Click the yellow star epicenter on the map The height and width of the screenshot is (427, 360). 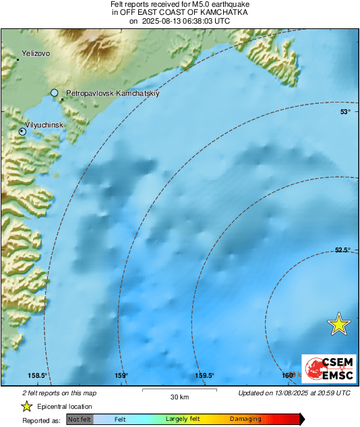[x=339, y=324]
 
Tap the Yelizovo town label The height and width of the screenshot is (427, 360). [x=36, y=53]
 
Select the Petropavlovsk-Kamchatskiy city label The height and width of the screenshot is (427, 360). [x=112, y=93]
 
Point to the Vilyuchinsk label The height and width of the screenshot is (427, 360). [x=44, y=125]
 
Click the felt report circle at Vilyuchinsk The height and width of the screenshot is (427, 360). [x=22, y=132]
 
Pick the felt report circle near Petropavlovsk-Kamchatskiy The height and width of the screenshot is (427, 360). [x=55, y=92]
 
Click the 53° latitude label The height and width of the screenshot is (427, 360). [x=345, y=112]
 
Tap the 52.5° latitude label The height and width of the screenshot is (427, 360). [x=342, y=250]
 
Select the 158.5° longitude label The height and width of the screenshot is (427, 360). [x=36, y=376]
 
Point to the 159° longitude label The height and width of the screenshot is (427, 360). [x=121, y=376]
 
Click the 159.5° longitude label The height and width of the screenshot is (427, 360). [x=204, y=376]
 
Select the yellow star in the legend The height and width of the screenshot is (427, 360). [x=26, y=406]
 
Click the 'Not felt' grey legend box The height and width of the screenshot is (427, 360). [x=80, y=420]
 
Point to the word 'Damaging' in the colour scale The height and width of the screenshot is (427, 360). [x=245, y=420]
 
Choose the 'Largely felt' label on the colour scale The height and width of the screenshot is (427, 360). [x=181, y=420]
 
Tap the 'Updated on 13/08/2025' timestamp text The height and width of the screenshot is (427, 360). [x=294, y=393]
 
